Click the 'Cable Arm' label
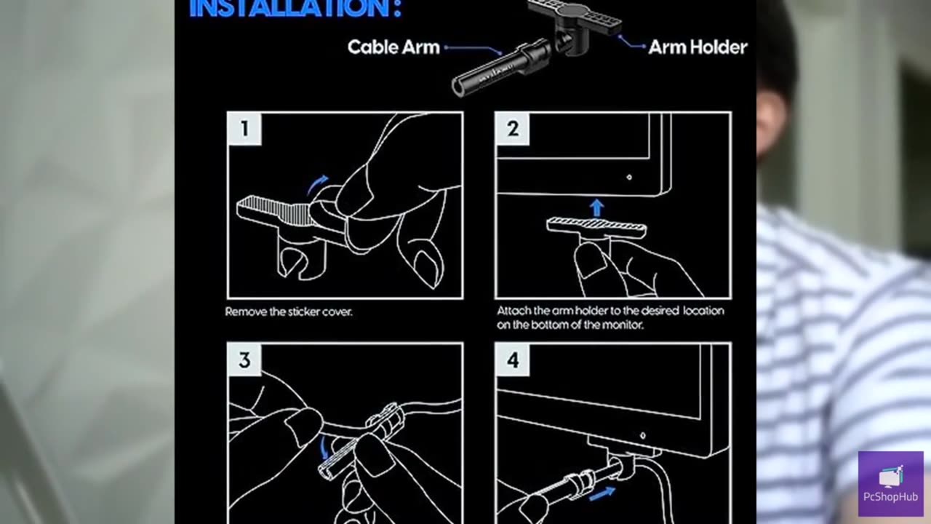coord(393,47)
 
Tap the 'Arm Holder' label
coord(698,47)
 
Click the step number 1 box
coord(244,129)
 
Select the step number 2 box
coord(513,129)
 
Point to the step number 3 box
coord(244,360)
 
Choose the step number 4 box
coord(513,360)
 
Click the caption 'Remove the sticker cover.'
coord(289,312)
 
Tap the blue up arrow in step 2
coord(597,208)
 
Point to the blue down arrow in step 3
coord(323,447)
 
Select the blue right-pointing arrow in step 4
coord(602,493)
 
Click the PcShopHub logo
coord(891,484)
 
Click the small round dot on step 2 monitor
coord(629,177)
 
